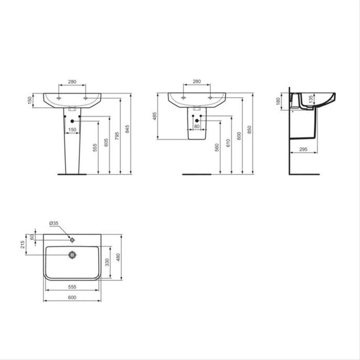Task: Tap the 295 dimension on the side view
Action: pyautogui.click(x=303, y=149)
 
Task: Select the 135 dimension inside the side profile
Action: pyautogui.click(x=310, y=100)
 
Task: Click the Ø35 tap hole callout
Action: pyautogui.click(x=53, y=223)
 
